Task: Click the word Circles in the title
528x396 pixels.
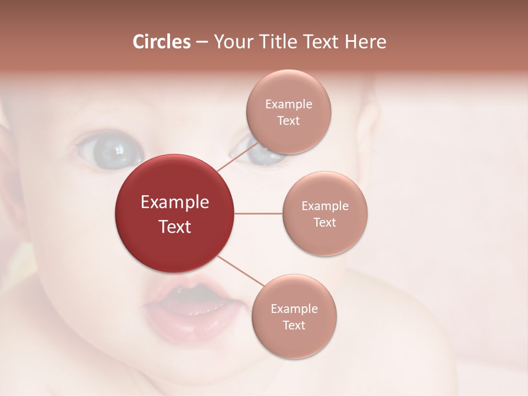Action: (161, 42)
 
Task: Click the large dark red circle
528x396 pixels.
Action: (175, 182)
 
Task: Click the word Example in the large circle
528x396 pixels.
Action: (175, 202)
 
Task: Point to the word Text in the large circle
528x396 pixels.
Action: (175, 226)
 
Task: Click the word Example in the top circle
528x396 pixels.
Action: (288, 105)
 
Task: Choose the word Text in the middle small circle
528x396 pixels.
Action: (325, 222)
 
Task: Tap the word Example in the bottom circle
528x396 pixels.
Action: (294, 309)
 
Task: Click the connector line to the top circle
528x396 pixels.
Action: (237, 158)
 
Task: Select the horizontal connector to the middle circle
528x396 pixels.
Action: (258, 213)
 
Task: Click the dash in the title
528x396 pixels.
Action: (202, 42)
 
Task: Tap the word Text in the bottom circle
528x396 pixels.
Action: (294, 325)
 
